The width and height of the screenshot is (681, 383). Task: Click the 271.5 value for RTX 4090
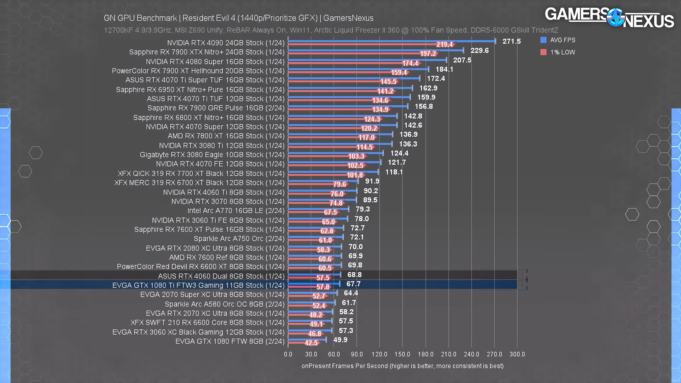click(511, 41)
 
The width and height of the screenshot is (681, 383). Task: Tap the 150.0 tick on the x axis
click(402, 354)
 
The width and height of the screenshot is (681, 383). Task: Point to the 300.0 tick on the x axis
click(517, 354)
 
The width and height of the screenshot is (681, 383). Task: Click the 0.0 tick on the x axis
click(288, 354)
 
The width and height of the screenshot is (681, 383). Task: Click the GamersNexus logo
click(609, 17)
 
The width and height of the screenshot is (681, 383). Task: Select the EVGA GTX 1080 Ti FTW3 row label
click(198, 285)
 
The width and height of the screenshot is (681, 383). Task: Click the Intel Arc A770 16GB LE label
click(236, 210)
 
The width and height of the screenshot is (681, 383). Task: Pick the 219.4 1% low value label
click(444, 44)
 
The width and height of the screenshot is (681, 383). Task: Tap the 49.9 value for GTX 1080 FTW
click(340, 340)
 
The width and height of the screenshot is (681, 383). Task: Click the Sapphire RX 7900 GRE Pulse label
click(216, 108)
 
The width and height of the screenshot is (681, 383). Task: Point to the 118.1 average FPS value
click(394, 172)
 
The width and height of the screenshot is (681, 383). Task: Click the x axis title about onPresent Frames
click(402, 366)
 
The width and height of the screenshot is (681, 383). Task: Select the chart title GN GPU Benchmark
click(238, 18)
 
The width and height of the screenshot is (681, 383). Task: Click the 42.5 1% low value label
click(311, 343)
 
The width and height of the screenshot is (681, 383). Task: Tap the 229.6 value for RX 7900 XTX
click(479, 50)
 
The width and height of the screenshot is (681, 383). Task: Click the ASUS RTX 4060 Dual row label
click(221, 276)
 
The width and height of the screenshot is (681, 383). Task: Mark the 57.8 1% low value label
click(323, 287)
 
